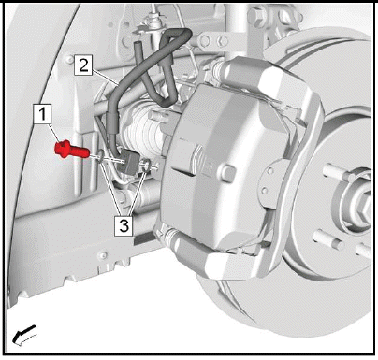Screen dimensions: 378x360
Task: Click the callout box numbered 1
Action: (42, 114)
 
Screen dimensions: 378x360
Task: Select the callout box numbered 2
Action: (83, 65)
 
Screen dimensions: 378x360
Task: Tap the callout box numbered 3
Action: (124, 225)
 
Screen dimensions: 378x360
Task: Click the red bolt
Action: (72, 150)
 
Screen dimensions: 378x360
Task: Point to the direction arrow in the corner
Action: (24, 336)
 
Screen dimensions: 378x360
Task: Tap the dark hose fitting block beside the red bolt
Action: (128, 161)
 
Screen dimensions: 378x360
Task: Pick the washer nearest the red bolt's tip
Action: (100, 156)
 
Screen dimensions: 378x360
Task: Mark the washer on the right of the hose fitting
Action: (146, 165)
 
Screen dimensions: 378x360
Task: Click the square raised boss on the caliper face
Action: (228, 173)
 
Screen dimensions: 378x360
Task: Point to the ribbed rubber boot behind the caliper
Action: (143, 131)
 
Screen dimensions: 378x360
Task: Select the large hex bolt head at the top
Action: (256, 16)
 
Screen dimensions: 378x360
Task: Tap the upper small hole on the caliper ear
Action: (270, 170)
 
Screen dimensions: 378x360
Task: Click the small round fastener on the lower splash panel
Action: (102, 255)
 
